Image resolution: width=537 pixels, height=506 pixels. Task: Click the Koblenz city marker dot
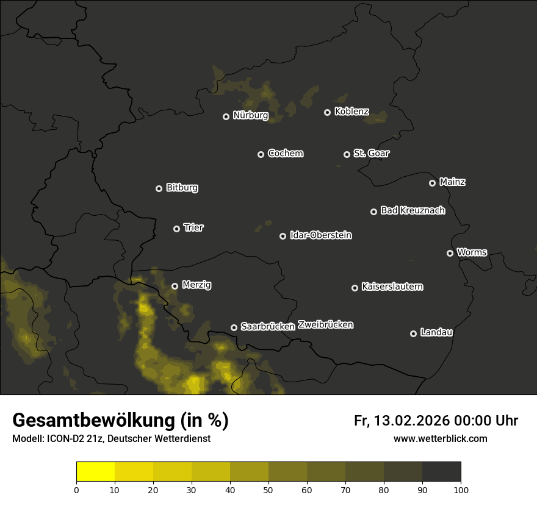pyautogui.click(x=327, y=112)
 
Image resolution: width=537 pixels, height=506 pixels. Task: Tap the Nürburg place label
pyautogui.click(x=250, y=115)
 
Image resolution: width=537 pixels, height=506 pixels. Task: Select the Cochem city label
pyautogui.click(x=285, y=153)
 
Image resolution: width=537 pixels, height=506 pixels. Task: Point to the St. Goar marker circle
pyautogui.click(x=347, y=154)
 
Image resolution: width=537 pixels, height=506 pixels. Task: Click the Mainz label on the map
pyautogui.click(x=452, y=182)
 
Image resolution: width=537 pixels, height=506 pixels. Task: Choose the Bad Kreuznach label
pyautogui.click(x=413, y=210)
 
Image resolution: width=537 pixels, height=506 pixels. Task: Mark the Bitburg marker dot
pyautogui.click(x=159, y=188)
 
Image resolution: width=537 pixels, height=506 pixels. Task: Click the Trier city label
pyautogui.click(x=193, y=227)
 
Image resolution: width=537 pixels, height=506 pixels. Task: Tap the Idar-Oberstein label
pyautogui.click(x=320, y=235)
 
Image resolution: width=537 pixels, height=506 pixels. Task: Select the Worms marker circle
pyautogui.click(x=450, y=253)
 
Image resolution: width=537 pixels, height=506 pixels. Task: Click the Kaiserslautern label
pyautogui.click(x=392, y=287)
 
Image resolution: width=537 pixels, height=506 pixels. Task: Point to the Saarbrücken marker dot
pyautogui.click(x=234, y=327)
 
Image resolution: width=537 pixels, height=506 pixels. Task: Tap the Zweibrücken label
pyautogui.click(x=325, y=325)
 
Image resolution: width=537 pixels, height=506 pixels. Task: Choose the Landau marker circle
pyautogui.click(x=413, y=333)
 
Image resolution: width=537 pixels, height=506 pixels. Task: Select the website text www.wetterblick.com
pyautogui.click(x=440, y=438)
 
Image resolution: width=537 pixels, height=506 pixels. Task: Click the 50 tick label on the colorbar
pyautogui.click(x=268, y=490)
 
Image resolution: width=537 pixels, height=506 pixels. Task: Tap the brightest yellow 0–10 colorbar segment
pyautogui.click(x=95, y=472)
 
